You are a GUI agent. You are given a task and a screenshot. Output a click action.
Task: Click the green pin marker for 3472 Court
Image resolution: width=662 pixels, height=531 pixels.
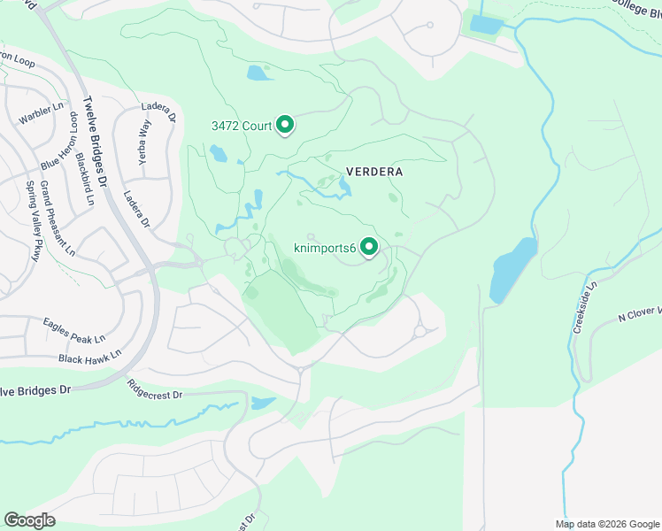click(285, 126)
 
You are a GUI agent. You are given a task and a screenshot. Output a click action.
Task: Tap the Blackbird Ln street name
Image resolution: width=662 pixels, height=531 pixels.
click(84, 178)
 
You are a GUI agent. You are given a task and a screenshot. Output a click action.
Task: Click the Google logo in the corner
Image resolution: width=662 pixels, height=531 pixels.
click(29, 519)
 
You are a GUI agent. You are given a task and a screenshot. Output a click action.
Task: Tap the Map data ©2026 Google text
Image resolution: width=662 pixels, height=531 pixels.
click(606, 523)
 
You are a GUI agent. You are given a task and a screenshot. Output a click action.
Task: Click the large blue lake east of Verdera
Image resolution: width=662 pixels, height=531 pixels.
click(512, 270)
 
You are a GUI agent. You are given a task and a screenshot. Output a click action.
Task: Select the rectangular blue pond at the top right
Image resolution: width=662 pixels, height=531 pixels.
click(486, 24)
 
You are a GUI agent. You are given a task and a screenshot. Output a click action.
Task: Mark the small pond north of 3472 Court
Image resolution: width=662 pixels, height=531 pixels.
click(259, 73)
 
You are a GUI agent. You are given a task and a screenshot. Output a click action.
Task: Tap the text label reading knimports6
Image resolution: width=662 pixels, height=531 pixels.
click(325, 250)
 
